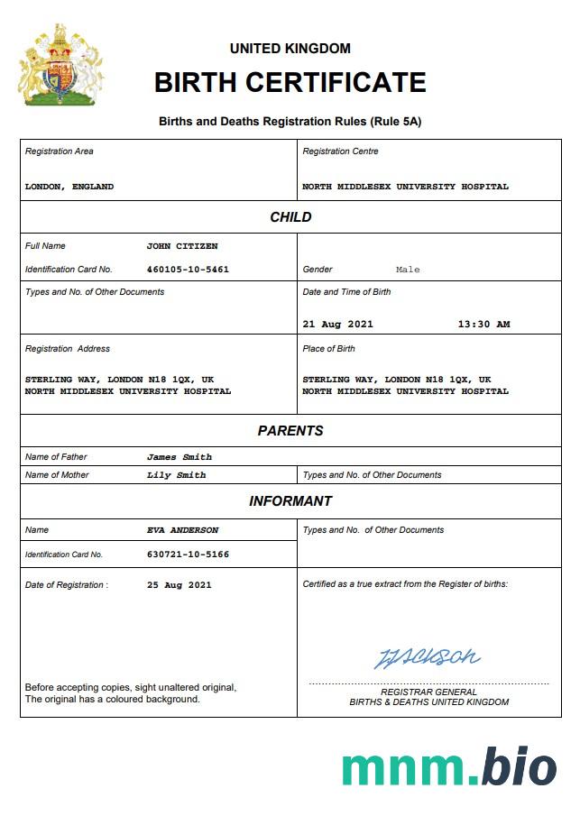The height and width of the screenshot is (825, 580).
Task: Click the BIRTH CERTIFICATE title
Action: click(x=290, y=83)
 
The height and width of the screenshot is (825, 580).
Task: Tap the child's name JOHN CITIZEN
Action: click(x=182, y=246)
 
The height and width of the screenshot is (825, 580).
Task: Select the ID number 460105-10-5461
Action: click(x=188, y=270)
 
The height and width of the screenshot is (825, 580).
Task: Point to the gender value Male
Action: click(x=408, y=270)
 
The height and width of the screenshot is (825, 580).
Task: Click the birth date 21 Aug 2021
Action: click(x=337, y=325)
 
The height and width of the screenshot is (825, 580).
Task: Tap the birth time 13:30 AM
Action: click(x=483, y=325)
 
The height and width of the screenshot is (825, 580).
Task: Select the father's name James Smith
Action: click(x=180, y=457)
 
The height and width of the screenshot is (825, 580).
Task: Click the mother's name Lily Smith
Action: click(x=176, y=475)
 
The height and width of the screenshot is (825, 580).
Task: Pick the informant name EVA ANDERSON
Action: click(x=182, y=530)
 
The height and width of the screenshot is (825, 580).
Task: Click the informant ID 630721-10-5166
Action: click(x=188, y=555)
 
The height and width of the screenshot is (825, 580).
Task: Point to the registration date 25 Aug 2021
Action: click(x=179, y=585)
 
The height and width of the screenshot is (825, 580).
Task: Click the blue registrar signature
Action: click(x=427, y=657)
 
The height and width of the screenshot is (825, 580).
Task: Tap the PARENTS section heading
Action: click(x=290, y=431)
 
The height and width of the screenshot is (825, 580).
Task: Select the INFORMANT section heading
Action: click(x=290, y=501)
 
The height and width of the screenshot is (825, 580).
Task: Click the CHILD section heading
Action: click(x=290, y=217)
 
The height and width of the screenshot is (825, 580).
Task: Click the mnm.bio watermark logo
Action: click(x=448, y=767)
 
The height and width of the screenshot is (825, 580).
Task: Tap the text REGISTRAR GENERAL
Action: click(x=428, y=692)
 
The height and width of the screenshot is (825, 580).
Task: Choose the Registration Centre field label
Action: click(x=340, y=151)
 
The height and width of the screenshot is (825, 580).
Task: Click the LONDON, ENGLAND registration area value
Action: click(x=69, y=187)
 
